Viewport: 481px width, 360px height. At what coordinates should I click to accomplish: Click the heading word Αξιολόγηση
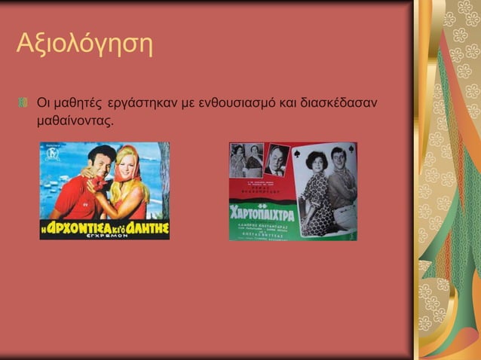point(84,45)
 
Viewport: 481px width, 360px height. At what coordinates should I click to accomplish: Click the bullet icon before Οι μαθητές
point(23,101)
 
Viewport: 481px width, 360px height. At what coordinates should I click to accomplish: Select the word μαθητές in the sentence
point(79,101)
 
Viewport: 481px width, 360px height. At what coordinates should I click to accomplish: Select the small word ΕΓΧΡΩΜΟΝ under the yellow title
point(105,236)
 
